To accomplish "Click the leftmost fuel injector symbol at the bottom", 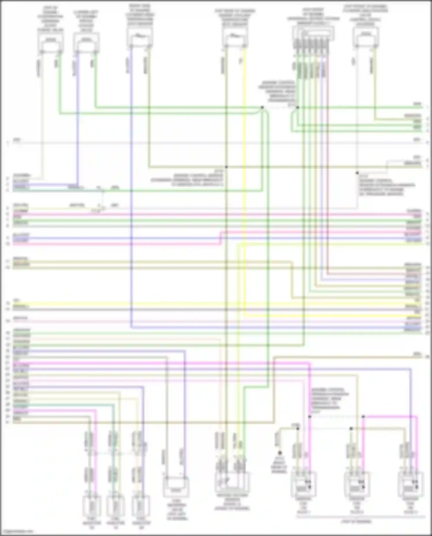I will point(92,506).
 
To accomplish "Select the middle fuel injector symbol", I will point(115,506).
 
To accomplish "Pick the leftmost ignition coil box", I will point(303,485).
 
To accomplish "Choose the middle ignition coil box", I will point(357,485).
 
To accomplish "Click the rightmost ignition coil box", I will point(410,485).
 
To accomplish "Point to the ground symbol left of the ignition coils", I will point(279,453).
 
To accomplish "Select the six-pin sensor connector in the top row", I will point(313,34).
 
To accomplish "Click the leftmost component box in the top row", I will point(50,42).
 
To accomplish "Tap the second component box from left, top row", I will point(86,42).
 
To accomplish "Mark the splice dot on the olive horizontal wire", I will point(226,167).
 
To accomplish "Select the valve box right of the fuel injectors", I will point(176,487).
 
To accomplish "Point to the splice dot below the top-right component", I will point(357,173).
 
